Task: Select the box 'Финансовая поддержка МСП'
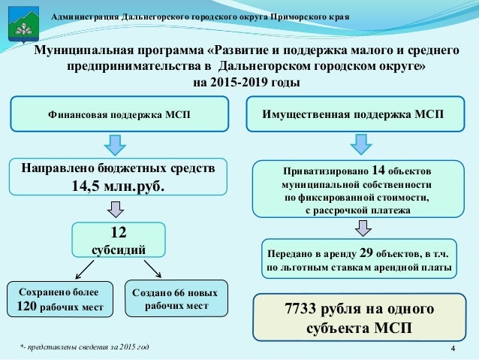119,116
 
